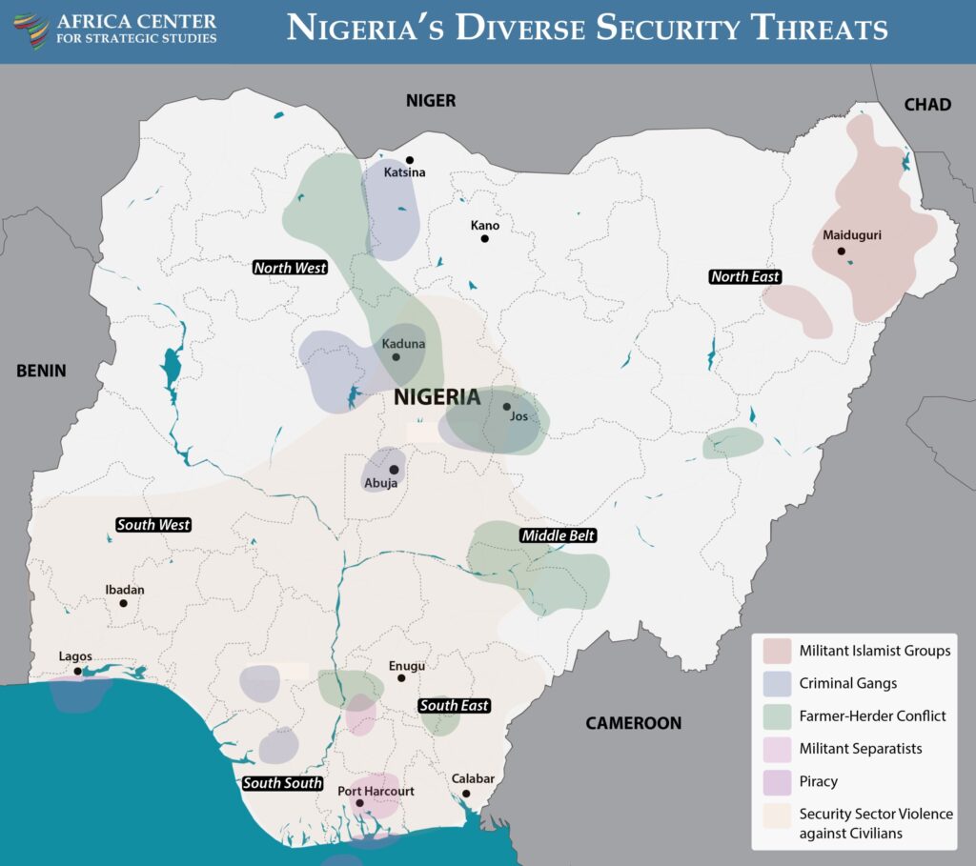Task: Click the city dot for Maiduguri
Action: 842,252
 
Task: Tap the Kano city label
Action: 484,226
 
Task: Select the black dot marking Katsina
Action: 410,160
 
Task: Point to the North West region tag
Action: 290,268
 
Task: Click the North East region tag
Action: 744,276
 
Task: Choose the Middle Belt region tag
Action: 558,535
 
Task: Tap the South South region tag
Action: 281,783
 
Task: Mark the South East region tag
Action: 455,705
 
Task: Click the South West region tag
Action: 153,524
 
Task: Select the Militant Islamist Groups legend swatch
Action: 777,652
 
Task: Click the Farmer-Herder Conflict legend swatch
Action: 777,716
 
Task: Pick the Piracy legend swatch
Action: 777,781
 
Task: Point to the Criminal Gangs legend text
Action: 848,683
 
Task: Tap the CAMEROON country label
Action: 633,723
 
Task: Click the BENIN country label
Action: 41,371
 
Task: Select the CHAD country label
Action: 926,104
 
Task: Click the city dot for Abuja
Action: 394,470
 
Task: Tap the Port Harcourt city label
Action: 376,790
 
